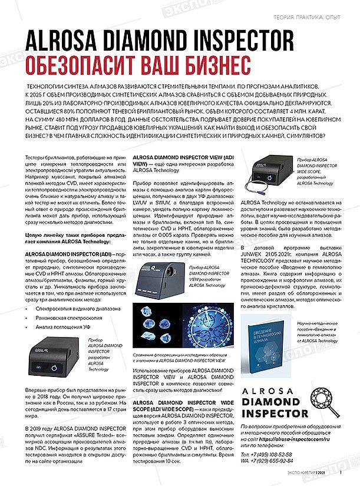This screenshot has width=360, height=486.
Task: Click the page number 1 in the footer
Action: (x=341, y=471)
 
